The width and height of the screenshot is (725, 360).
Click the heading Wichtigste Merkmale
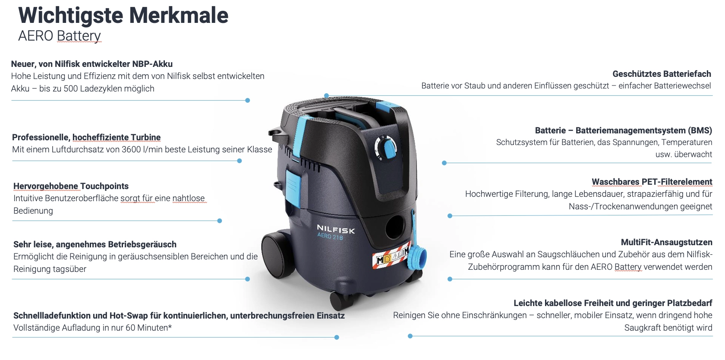click(123, 15)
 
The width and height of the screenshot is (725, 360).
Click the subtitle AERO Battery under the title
click(60, 36)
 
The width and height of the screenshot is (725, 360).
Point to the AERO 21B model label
click(330, 236)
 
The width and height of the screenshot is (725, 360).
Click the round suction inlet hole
click(395, 227)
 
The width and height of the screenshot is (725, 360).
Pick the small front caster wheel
click(342, 301)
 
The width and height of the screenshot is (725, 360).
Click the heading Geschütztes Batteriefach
click(662, 74)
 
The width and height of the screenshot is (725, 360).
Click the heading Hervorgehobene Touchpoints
click(71, 186)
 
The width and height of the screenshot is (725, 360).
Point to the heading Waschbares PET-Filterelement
click(652, 182)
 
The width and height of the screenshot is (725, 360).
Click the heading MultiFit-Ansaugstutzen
click(666, 243)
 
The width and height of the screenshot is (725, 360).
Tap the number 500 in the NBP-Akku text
click(71, 89)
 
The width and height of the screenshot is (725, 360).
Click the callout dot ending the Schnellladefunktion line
click(337, 338)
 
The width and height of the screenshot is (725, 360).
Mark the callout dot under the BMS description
click(444, 163)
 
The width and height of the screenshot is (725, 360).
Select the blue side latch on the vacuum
click(293, 188)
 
